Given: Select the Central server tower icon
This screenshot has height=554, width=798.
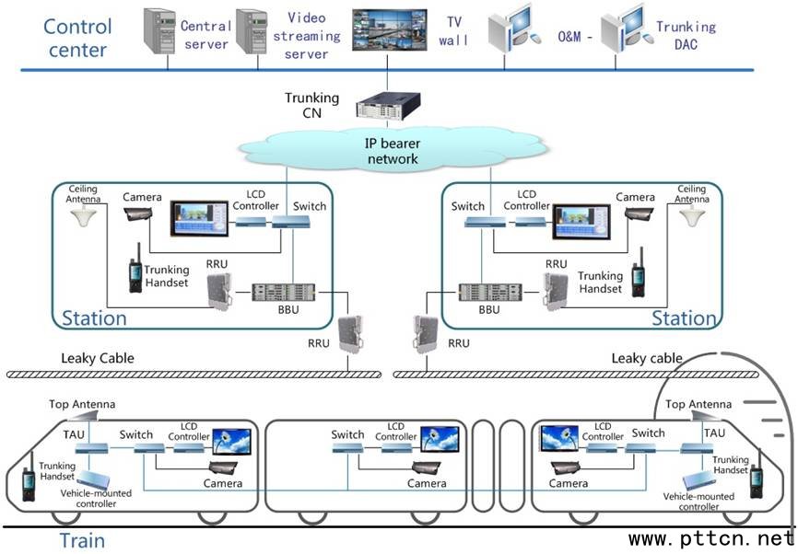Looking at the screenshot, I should coord(159,32).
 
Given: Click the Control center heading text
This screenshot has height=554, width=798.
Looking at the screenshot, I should coord(76,37).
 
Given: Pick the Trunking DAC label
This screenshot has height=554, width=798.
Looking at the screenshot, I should coord(686,35).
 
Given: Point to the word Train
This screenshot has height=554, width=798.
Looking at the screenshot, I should coord(82,540).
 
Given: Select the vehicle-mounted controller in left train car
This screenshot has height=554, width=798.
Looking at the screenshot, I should coord(100,480).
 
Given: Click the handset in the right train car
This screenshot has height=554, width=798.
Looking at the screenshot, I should coord(756,480).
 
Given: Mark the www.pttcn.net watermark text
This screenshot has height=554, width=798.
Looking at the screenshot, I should coord(710,538).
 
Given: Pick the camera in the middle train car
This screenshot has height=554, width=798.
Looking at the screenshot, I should coord(425,467).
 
